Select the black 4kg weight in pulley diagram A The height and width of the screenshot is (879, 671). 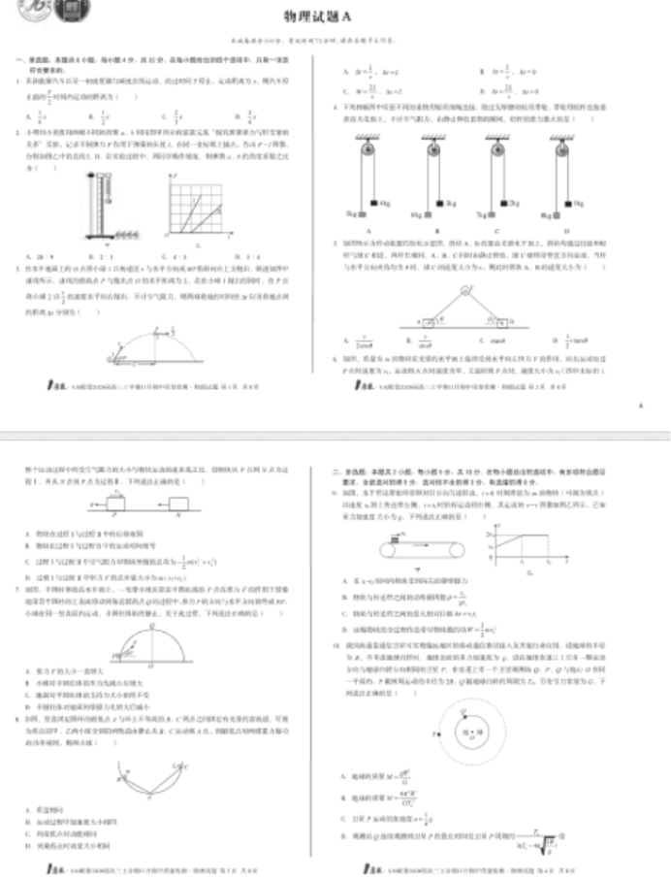tap(373, 203)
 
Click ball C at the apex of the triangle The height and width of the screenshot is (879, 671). tap(465, 289)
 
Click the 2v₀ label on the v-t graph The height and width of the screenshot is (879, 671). tap(492, 536)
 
